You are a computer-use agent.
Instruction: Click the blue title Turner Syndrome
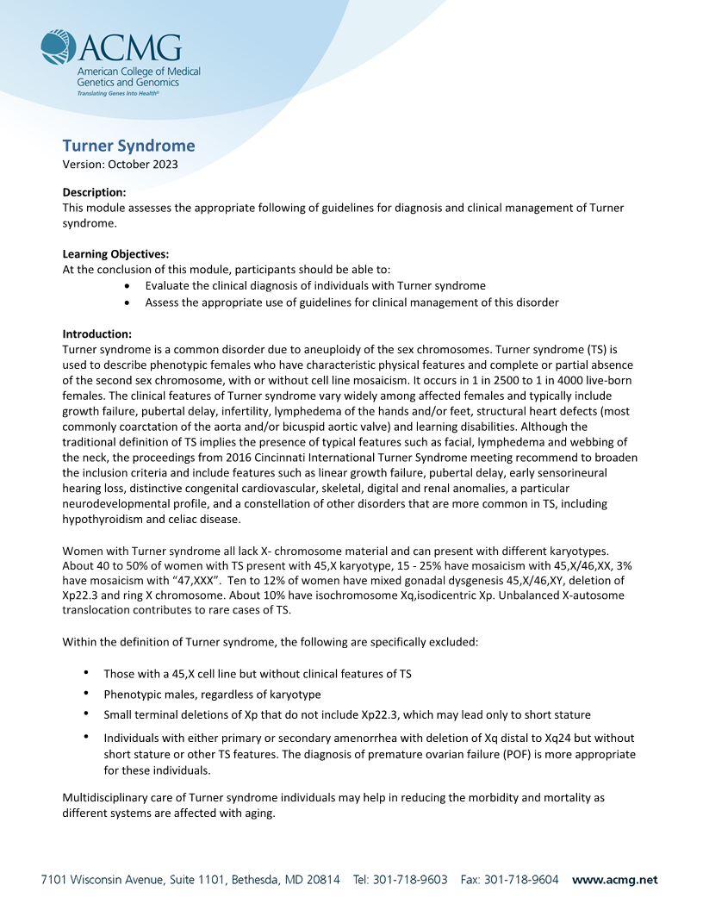point(128,146)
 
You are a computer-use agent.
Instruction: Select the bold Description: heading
point(95,192)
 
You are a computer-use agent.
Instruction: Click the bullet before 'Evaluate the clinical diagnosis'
point(128,285)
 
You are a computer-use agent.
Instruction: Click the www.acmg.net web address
point(614,880)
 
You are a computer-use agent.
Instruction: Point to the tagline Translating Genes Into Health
point(118,91)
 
